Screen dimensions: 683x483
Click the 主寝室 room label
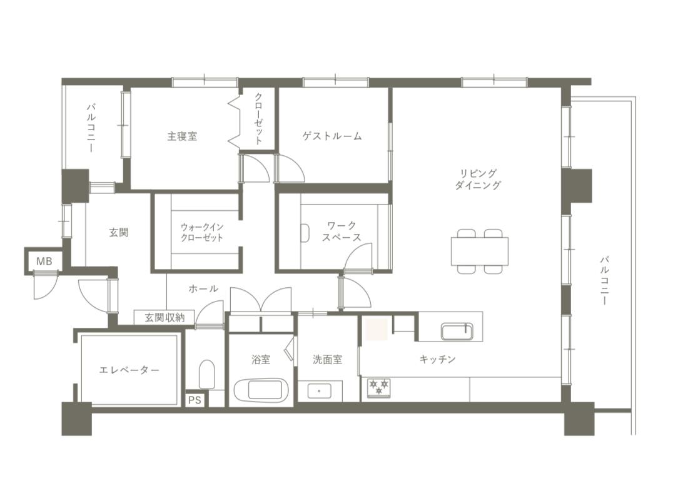coord(182,136)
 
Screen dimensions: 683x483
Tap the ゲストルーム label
coord(332,136)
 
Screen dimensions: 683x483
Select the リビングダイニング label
coord(478,179)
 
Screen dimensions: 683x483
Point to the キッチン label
coord(437,359)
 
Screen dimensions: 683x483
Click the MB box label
coord(44,262)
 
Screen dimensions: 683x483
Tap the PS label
coord(195,399)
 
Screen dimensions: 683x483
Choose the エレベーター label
coord(129,370)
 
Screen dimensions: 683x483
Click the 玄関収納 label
coord(164,317)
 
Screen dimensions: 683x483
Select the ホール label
coord(203,288)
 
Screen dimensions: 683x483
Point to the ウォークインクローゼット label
coord(201,232)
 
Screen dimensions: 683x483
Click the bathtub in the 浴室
coord(261,390)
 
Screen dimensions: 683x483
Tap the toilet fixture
coord(207,374)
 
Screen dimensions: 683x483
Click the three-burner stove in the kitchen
coord(379,388)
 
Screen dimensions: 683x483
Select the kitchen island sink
coord(457,332)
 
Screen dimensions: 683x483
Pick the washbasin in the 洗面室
coord(319,390)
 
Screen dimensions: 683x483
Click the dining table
coord(480,251)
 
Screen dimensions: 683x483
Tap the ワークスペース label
coord(341,231)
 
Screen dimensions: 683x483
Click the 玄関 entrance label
coord(118,233)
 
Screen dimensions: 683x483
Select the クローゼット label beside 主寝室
coord(258,118)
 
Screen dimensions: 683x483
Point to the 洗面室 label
coord(328,360)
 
